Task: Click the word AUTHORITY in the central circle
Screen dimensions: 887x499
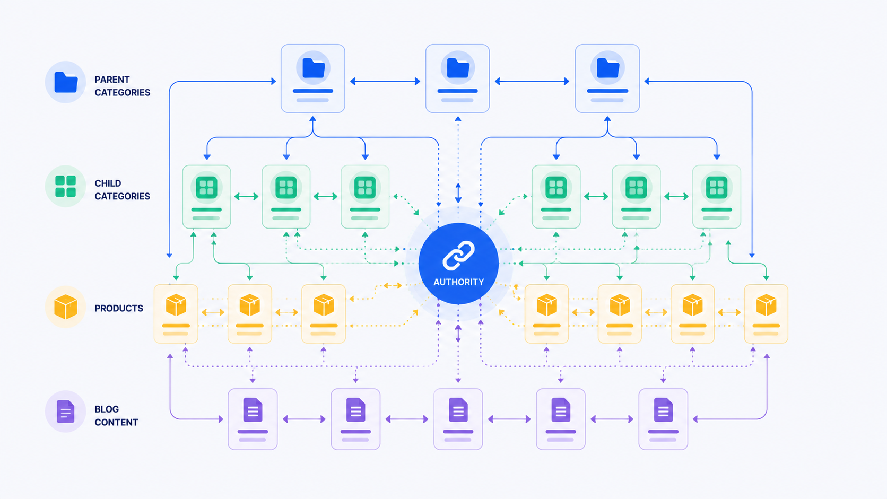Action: pos(458,282)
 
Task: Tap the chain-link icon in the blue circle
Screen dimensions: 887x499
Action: pos(458,256)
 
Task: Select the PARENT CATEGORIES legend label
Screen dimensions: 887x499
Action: pos(123,86)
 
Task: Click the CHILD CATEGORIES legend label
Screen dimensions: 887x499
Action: pos(123,190)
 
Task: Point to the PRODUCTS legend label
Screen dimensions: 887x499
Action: pos(119,308)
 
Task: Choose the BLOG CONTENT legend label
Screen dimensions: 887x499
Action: pos(116,416)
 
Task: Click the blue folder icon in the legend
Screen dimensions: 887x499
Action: pos(66,82)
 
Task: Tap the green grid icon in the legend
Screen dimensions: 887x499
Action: pos(66,186)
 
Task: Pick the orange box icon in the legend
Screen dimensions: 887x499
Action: pos(66,307)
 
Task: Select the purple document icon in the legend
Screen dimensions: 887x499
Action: pos(66,411)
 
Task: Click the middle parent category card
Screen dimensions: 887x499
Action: pos(457,78)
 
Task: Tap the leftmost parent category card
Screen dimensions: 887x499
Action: pos(313,78)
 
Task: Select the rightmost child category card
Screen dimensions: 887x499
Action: pos(716,197)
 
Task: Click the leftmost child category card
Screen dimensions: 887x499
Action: pos(206,197)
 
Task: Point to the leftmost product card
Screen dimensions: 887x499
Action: pos(176,314)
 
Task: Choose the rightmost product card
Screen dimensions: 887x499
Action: pos(766,314)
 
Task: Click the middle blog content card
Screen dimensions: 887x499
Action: pos(458,419)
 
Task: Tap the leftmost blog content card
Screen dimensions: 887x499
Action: pos(253,419)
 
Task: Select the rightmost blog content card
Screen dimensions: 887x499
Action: pos(663,419)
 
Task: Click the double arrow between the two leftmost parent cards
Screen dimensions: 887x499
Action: pos(385,82)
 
